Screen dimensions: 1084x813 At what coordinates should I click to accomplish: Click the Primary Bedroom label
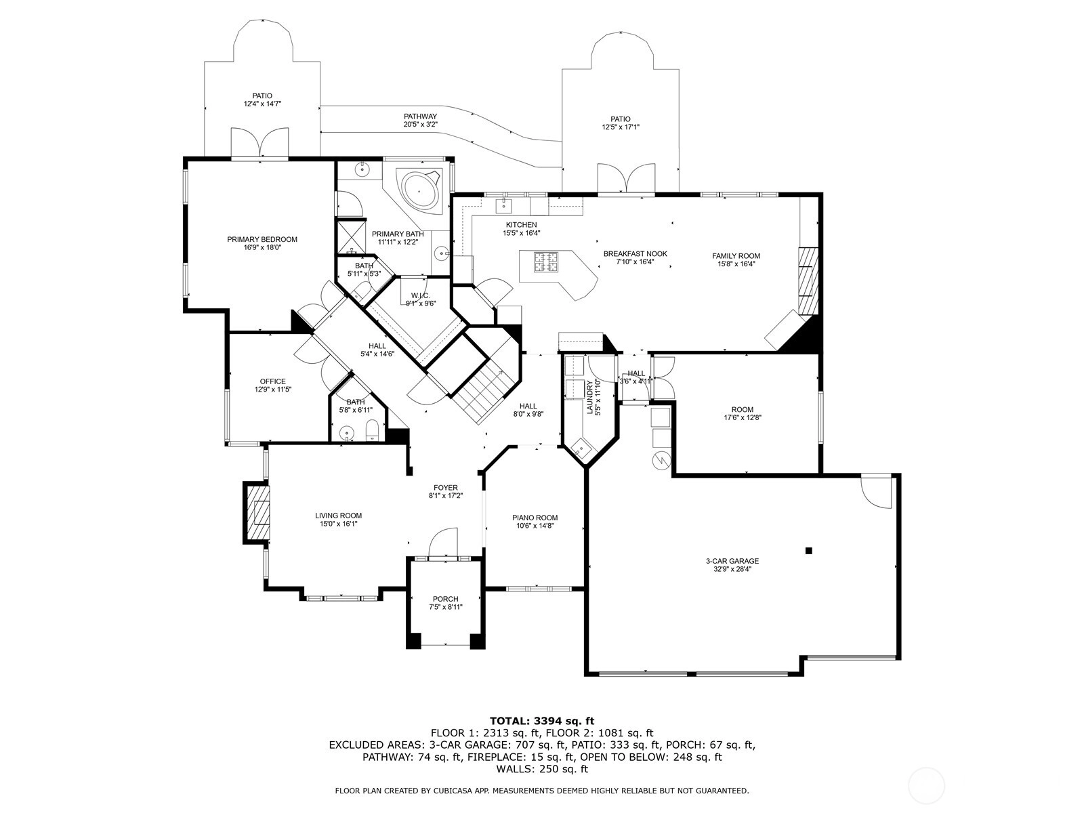262,239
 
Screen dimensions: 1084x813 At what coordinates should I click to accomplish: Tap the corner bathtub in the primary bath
420,190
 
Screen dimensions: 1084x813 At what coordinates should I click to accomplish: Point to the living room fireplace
256,512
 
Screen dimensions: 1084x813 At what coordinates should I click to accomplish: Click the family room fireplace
808,281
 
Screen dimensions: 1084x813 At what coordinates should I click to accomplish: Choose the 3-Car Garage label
732,561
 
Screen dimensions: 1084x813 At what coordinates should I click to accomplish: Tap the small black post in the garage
808,551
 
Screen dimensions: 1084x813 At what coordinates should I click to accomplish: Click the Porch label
445,599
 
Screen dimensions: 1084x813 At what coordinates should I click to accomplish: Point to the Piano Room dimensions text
535,526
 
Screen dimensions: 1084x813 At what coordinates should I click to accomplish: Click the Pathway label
420,117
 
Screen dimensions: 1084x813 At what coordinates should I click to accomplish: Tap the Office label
272,381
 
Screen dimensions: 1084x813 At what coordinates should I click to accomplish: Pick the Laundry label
589,397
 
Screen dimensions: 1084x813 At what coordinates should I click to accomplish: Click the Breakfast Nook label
635,253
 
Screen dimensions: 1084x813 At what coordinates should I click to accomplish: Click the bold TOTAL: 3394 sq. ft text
542,721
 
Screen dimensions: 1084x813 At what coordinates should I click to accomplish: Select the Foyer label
445,488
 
